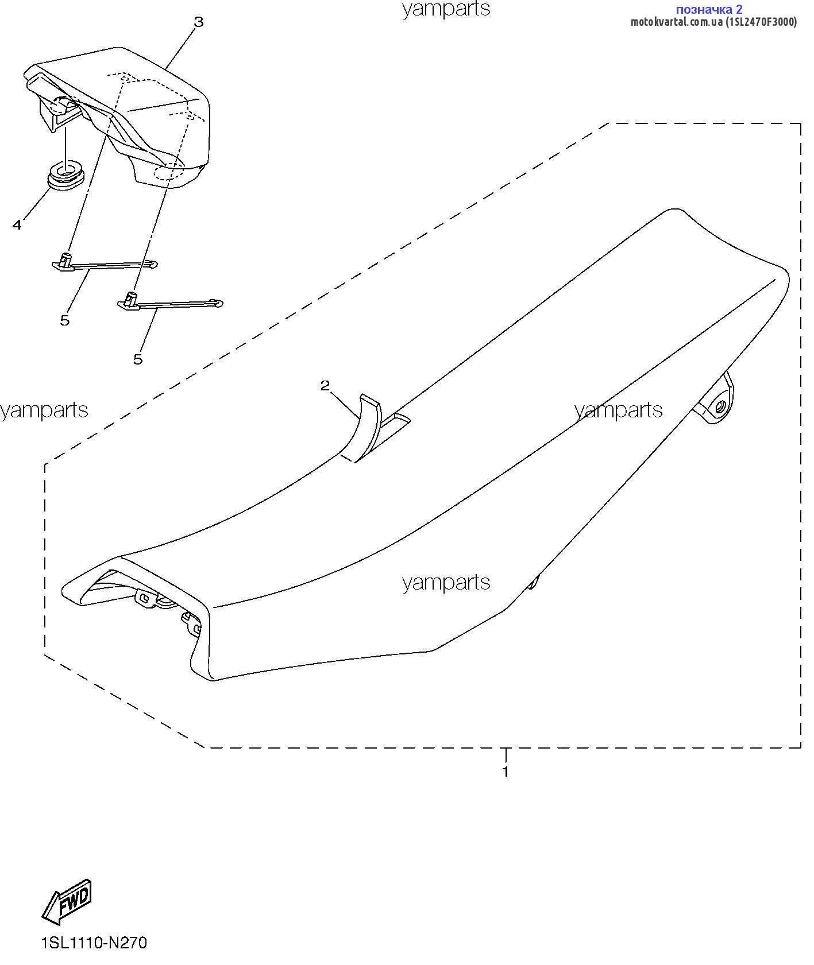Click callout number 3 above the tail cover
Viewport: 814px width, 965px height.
(198, 22)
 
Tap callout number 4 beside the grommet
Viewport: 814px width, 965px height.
(17, 225)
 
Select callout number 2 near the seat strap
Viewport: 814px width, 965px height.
(325, 385)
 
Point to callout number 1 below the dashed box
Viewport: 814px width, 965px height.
(506, 772)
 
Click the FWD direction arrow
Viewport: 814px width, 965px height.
(67, 901)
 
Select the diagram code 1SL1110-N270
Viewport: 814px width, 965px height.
(94, 943)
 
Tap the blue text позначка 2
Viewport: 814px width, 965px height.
(709, 9)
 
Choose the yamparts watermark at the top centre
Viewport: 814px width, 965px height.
(446, 9)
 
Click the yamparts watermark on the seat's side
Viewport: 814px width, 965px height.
(446, 583)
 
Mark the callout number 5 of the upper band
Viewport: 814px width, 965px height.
(65, 320)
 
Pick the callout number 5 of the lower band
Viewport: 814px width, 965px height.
(138, 359)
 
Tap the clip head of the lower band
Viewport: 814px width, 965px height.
(129, 300)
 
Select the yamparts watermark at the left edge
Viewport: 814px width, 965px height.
(44, 410)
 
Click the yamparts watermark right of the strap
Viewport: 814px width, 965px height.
(619, 410)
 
